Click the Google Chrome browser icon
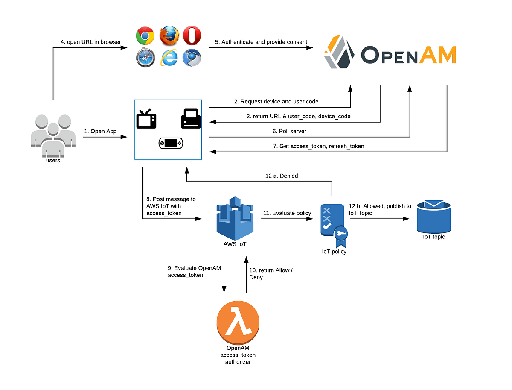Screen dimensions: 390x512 tap(145, 36)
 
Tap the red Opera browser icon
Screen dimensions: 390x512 tap(192, 36)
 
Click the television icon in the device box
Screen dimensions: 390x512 tap(146, 119)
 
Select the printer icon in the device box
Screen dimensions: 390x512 tap(190, 118)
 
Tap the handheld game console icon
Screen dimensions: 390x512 tap(170, 144)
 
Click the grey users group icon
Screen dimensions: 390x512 tap(53, 135)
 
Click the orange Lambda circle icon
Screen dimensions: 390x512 tap(238, 322)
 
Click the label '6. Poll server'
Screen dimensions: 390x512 tap(290, 131)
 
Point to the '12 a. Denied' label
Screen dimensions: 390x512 tap(282, 176)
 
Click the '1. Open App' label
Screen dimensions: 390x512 tap(100, 131)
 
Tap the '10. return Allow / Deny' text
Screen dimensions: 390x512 tap(271, 273)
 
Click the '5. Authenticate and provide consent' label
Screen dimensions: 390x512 tap(261, 42)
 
